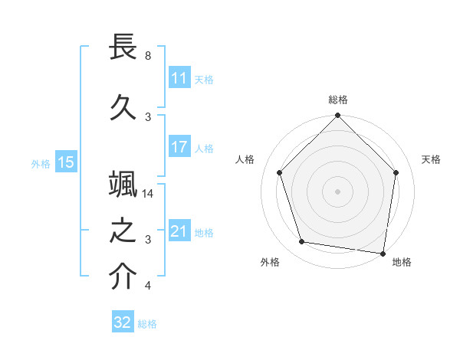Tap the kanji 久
click(123, 107)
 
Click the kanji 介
click(123, 277)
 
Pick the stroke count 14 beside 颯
click(149, 194)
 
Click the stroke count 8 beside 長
click(148, 56)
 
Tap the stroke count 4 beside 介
click(148, 286)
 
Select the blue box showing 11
click(179, 79)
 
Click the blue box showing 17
click(179, 147)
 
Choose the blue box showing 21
click(179, 231)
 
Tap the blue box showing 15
click(65, 162)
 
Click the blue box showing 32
click(123, 322)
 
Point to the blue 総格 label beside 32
click(147, 324)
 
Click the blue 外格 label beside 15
click(41, 163)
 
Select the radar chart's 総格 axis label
click(338, 100)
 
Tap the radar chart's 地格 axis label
click(402, 262)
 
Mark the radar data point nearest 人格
click(279, 172)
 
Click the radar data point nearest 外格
click(302, 242)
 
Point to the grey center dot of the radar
click(338, 191)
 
